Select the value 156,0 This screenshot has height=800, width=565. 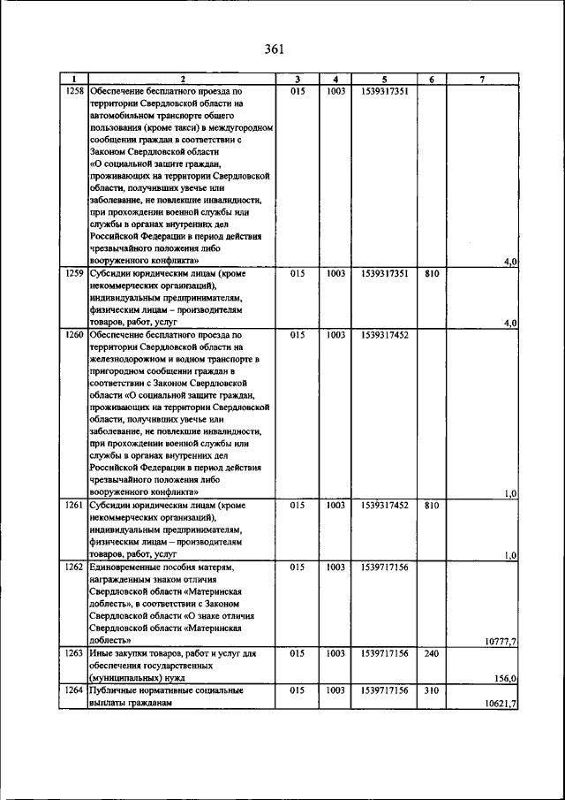507,678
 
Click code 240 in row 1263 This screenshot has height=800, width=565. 431,652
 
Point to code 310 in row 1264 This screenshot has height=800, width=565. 431,689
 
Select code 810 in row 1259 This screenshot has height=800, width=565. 431,274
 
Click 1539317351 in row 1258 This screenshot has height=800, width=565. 384,91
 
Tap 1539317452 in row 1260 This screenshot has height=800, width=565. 384,335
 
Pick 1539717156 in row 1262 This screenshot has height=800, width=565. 384,567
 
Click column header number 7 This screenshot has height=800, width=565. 483,80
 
